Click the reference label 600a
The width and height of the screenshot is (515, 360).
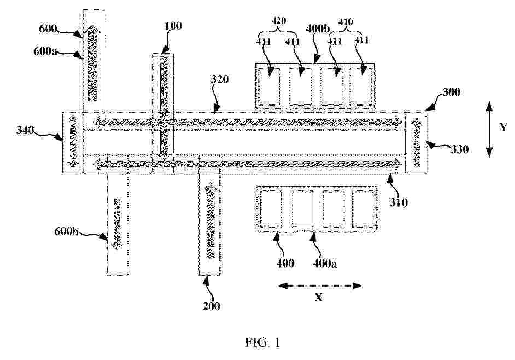point(45,51)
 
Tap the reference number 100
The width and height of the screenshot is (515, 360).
point(173,26)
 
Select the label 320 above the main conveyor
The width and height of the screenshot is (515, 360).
point(219,79)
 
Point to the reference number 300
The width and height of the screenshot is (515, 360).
point(451,92)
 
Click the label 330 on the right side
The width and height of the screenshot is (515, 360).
point(459,149)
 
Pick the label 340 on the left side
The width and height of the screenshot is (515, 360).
point(25,130)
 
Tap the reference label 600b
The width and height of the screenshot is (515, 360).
point(66,231)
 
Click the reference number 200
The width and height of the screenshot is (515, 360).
point(211,306)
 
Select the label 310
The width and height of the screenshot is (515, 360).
point(399,202)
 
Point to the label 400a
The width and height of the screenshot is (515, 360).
point(325,263)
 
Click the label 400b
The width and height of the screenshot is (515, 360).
point(318,28)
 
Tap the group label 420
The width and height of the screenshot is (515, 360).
point(278,21)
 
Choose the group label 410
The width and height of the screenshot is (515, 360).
point(346,22)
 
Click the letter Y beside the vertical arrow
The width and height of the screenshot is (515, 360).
point(503,127)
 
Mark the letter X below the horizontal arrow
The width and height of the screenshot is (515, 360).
point(319,298)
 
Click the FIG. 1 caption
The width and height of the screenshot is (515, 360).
point(262,342)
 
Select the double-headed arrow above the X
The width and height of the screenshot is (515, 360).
point(320,286)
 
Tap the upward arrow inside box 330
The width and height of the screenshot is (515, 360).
point(417,143)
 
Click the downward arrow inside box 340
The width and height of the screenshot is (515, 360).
point(73,142)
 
